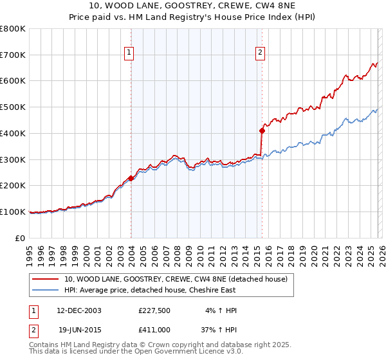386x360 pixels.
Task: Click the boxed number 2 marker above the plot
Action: tap(261, 53)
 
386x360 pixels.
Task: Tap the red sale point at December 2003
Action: tap(131, 178)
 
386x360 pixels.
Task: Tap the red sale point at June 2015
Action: tap(262, 130)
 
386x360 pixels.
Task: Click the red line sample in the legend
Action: tap(45, 279)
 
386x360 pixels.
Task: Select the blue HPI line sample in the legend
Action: tap(45, 290)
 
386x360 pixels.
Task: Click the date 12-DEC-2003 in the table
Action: tap(78, 310)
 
